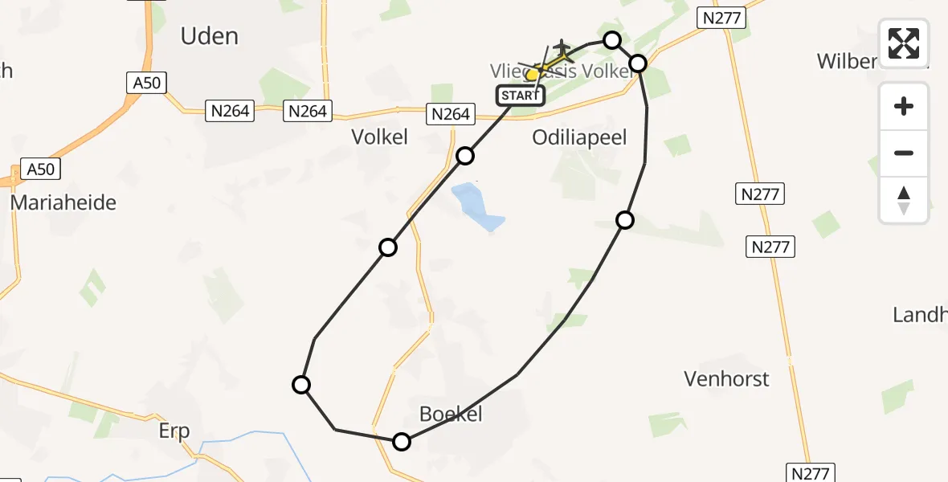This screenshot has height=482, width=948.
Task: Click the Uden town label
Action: coord(209,36)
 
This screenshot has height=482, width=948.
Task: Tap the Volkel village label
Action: coord(380,137)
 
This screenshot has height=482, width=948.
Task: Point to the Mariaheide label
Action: coord(63,202)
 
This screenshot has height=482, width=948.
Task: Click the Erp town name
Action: coord(174,431)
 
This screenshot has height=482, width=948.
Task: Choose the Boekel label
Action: coord(451,414)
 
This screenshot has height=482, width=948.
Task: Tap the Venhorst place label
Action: coord(726,378)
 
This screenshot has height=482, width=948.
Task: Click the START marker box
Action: coord(520,96)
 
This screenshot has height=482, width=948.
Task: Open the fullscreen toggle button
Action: coord(904,43)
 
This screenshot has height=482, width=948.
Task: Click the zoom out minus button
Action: coord(904,153)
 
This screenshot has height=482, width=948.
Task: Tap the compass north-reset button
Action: coord(904,200)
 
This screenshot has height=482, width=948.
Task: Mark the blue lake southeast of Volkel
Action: coord(476,206)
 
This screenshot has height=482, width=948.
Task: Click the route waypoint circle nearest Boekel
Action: coord(402,441)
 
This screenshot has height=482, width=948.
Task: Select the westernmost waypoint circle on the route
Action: coord(301,385)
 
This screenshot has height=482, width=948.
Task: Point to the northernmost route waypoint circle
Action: coord(612,40)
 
